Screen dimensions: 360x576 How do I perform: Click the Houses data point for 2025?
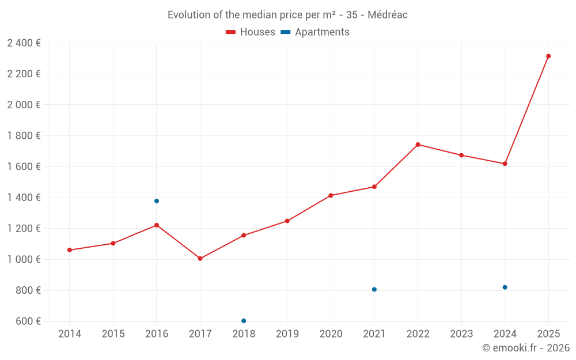click(548, 56)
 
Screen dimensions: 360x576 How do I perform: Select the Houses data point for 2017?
click(200, 259)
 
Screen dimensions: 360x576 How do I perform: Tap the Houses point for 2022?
click(418, 145)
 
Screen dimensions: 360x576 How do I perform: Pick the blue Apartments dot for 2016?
click(157, 201)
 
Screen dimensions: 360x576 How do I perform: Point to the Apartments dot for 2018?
click(244, 321)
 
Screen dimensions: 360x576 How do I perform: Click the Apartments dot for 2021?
click(374, 289)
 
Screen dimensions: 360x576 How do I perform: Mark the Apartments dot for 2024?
click(505, 287)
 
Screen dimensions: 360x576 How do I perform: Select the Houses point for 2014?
click(70, 250)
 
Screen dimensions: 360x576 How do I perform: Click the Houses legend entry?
click(251, 32)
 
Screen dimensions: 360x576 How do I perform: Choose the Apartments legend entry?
click(316, 32)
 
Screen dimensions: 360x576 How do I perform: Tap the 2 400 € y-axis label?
click(24, 43)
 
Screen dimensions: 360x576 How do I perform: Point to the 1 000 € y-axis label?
click(24, 259)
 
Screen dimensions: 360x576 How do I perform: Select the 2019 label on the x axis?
click(287, 334)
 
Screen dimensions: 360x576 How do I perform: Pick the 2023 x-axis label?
click(461, 334)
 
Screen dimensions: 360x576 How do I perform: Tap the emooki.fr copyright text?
click(526, 348)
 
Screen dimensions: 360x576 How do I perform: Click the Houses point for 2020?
click(331, 195)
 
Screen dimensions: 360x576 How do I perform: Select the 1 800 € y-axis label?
click(24, 135)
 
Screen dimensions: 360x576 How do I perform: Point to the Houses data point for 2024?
click(505, 164)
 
